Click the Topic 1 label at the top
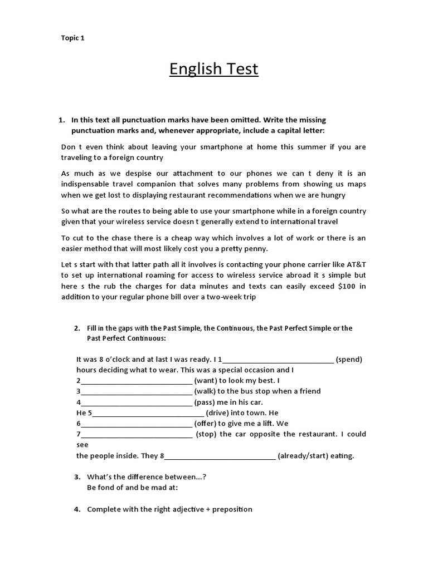[72, 38]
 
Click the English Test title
[214, 69]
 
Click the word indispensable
[92, 184]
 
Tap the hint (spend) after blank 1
[349, 360]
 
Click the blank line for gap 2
[137, 381]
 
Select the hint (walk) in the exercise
[206, 391]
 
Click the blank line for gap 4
[137, 402]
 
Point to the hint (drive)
[219, 413]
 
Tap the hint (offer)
[207, 424]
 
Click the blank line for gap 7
[137, 434]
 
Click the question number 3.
[77, 477]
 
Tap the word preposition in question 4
[231, 509]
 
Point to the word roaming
[150, 275]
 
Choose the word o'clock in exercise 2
[115, 360]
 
